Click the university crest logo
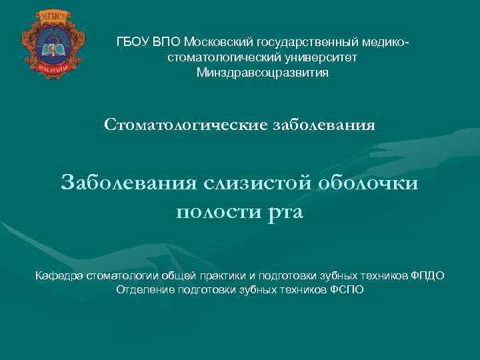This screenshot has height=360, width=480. tap(44, 41)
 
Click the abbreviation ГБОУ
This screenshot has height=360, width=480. tap(131, 42)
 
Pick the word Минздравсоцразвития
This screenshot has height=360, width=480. tap(262, 73)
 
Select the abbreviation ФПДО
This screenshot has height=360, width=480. tap(427, 275)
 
